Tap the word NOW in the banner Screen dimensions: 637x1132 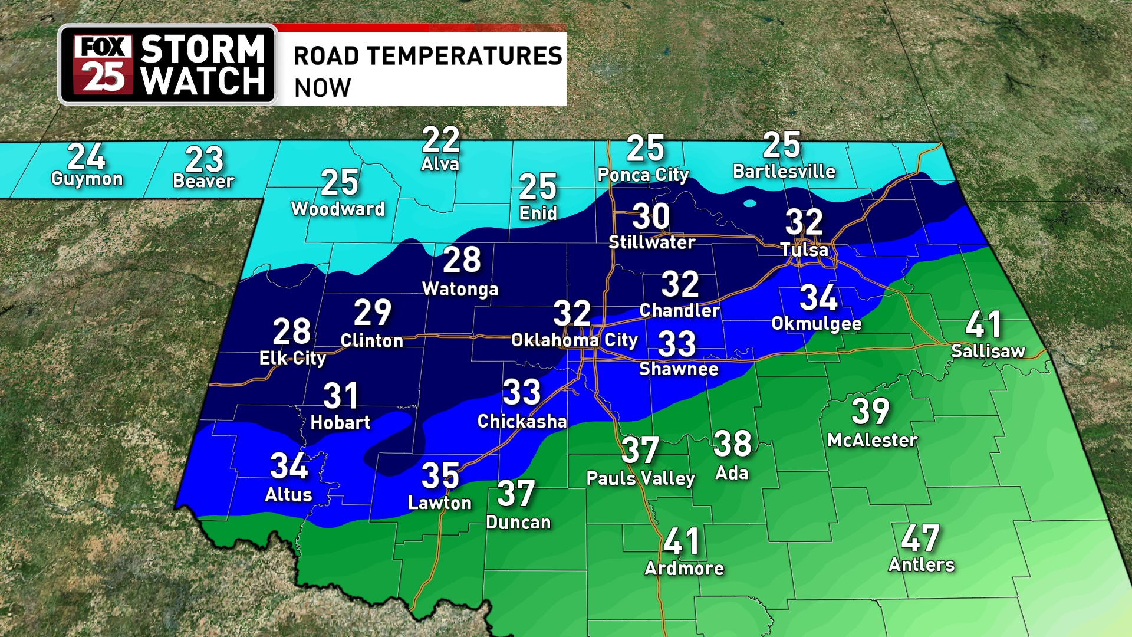click(x=323, y=88)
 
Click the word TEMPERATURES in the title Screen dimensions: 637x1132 click(x=465, y=56)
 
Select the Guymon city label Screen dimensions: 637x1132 click(x=87, y=179)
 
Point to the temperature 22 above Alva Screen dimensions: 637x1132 click(x=440, y=140)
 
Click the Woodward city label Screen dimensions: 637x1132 click(x=337, y=209)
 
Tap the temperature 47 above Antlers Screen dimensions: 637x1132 click(x=920, y=538)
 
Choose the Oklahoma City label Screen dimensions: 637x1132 click(x=574, y=340)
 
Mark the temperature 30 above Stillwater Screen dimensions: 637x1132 click(x=651, y=216)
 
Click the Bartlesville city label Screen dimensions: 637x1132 click(x=784, y=172)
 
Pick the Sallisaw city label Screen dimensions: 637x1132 click(x=988, y=352)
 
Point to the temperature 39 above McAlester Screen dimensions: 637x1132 click(x=870, y=411)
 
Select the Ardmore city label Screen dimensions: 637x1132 click(x=684, y=569)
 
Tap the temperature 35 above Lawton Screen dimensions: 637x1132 click(x=440, y=475)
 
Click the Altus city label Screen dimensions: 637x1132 click(x=288, y=495)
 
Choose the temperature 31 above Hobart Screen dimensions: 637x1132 click(x=341, y=396)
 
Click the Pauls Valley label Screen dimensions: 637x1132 click(x=640, y=478)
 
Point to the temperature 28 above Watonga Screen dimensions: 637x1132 click(x=462, y=260)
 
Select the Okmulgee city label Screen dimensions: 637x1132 click(x=817, y=324)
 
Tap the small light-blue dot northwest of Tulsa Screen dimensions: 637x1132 click(x=750, y=203)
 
